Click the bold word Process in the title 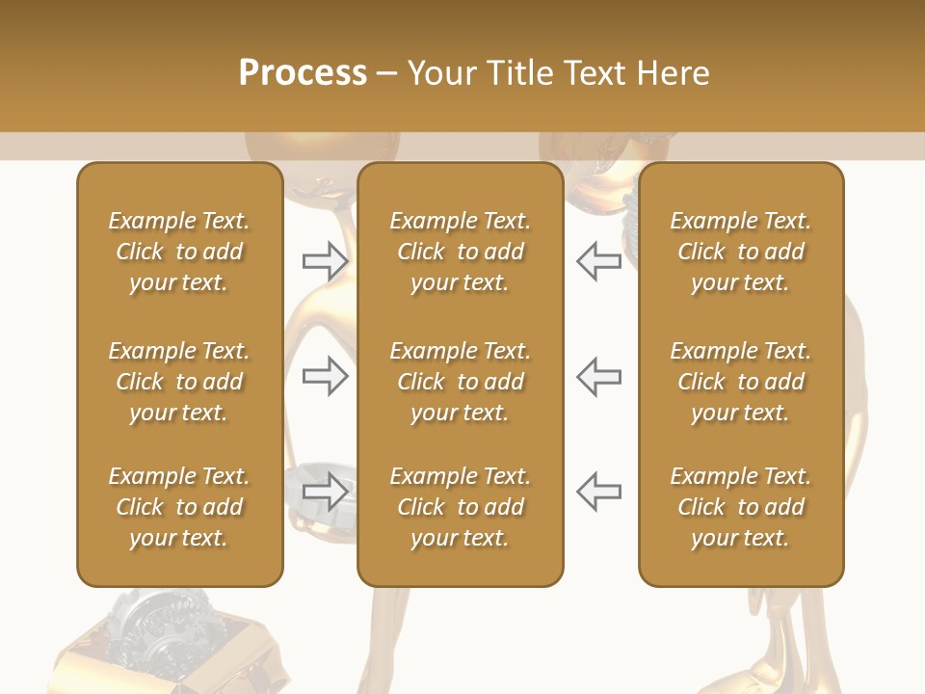303,73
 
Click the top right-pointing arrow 325,261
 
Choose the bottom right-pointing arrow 325,492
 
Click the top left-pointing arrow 598,261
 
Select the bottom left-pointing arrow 598,492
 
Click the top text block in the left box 179,252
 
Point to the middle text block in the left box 179,382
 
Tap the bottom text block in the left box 179,507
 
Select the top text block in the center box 460,252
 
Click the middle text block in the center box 460,382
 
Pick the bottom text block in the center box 460,507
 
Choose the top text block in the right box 740,252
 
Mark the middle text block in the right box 740,382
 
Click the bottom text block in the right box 740,507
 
